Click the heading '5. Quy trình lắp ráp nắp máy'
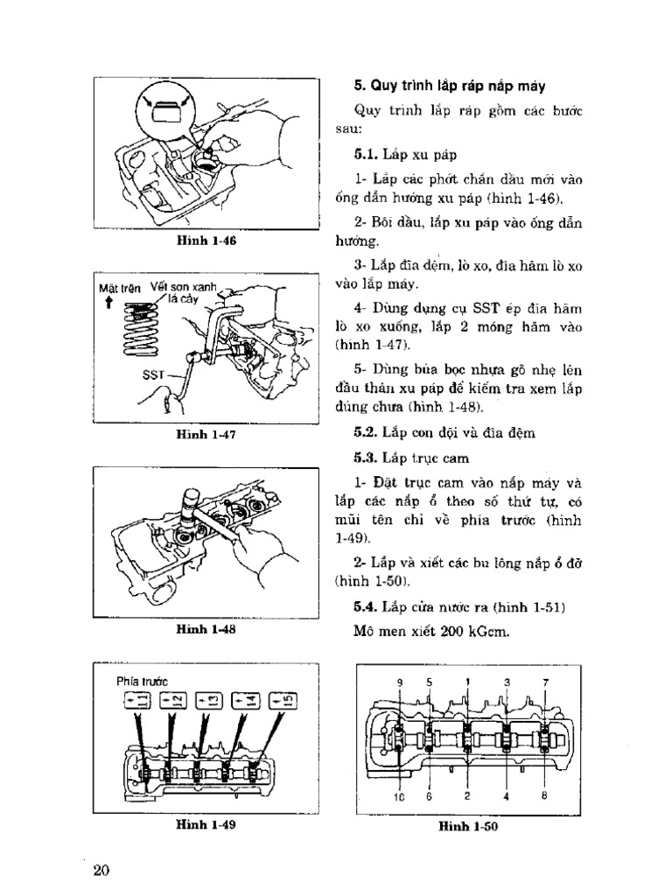(x=449, y=86)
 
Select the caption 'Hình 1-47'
(x=206, y=433)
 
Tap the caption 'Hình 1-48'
(x=206, y=628)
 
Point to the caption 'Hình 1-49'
(x=206, y=823)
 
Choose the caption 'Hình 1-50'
(x=468, y=826)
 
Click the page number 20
(x=101, y=870)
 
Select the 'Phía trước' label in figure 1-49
(x=140, y=680)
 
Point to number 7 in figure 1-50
(x=544, y=682)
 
